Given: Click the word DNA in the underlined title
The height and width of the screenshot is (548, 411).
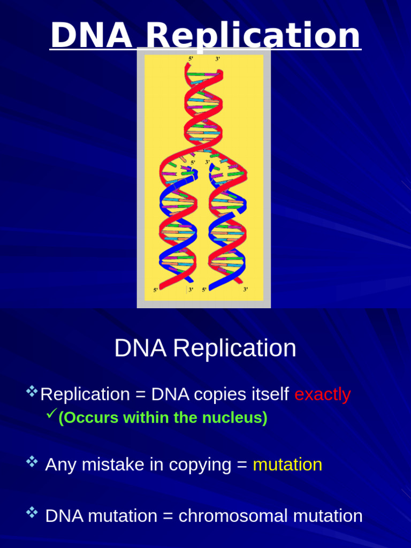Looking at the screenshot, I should (91, 36).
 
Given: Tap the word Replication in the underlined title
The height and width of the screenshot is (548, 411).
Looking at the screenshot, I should (253, 36).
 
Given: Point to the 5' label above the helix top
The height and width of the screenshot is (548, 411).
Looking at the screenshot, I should (191, 59).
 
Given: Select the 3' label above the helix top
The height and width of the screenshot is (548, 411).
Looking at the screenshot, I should (218, 59).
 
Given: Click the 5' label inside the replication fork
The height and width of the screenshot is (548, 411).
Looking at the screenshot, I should (193, 162).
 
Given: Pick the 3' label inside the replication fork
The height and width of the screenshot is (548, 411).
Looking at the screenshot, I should (208, 162).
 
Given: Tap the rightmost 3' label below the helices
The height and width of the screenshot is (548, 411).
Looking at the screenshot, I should (246, 290).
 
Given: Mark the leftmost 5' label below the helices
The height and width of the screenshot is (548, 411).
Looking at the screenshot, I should (156, 290).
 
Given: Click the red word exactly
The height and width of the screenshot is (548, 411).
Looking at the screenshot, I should (323, 394).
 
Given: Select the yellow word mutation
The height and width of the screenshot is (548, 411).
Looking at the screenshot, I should (287, 465).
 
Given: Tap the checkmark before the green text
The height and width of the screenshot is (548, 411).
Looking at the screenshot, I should (52, 413).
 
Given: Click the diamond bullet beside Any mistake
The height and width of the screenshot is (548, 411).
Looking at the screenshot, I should (32, 461).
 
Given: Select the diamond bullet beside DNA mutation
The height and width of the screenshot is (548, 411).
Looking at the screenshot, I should (32, 513).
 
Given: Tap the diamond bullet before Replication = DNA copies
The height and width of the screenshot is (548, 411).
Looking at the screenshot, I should (32, 391).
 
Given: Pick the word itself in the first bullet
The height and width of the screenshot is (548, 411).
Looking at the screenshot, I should (271, 394).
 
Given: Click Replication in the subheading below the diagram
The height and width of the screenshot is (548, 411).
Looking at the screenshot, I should (234, 348).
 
